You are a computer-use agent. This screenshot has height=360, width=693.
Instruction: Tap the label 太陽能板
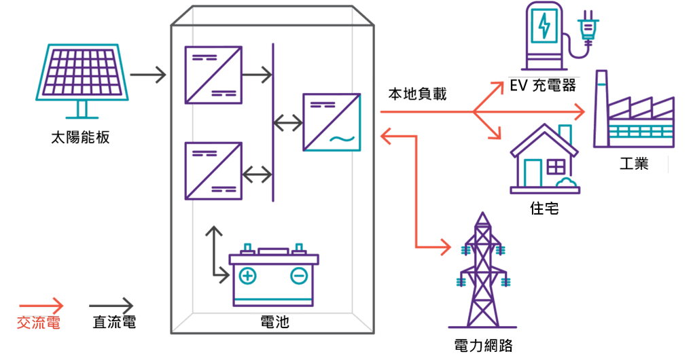80,138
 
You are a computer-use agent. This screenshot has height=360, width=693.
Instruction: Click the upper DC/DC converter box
213,75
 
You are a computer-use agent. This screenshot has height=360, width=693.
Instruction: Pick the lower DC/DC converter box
213,171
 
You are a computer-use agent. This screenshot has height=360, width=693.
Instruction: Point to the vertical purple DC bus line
273,122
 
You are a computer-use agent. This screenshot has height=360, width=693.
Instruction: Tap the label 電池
274,321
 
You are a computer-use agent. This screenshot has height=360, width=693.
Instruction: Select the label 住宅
544,208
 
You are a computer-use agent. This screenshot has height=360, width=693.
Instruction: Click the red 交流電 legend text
38,323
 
